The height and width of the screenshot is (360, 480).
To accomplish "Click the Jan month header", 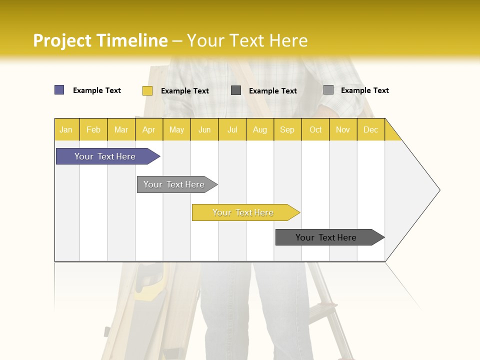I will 66,129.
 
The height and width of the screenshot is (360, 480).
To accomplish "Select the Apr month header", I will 149,129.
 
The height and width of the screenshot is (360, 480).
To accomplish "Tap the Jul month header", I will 232,129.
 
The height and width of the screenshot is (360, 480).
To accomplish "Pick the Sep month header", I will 287,129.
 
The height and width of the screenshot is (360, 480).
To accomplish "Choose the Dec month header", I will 370,129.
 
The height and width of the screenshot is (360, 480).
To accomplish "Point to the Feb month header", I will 93,129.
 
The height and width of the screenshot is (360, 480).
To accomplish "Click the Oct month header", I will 315,129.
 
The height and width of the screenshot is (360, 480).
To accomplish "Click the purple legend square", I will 59,90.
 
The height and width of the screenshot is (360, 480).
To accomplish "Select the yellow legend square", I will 147,90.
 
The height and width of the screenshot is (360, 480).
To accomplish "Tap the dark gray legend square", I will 236,90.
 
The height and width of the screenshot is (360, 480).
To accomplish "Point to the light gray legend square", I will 328,90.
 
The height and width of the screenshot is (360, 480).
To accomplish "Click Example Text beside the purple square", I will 97,90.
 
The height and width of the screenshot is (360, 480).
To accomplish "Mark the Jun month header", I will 204,129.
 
